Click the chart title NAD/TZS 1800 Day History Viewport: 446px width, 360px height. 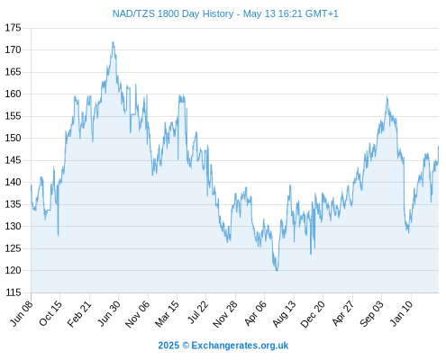pyautogui.click(x=173, y=13)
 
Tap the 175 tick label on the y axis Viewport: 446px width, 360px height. pyautogui.click(x=14, y=28)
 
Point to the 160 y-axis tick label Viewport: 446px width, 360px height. pyautogui.click(x=14, y=94)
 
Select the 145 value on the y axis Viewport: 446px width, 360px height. pyautogui.click(x=14, y=160)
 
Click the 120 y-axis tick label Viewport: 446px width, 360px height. pyautogui.click(x=14, y=270)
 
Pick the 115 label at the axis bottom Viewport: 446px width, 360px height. pyautogui.click(x=14, y=292)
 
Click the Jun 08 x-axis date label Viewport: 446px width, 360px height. pyautogui.click(x=22, y=313)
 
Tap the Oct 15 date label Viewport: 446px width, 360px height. pyautogui.click(x=50, y=313)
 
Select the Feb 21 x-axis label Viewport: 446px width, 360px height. pyautogui.click(x=79, y=313)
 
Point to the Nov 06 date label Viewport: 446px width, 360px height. pyautogui.click(x=137, y=314)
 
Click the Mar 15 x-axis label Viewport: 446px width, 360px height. pyautogui.click(x=167, y=313)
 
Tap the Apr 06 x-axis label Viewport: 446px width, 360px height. pyautogui.click(x=255, y=313)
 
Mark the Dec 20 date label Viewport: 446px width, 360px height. pyautogui.click(x=313, y=314)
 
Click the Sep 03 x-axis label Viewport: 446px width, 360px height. pyautogui.click(x=372, y=313)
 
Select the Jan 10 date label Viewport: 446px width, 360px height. pyautogui.click(x=402, y=313)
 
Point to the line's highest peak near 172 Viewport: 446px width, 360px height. pyautogui.click(x=113, y=42)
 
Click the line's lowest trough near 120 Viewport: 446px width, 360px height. pyautogui.click(x=277, y=271)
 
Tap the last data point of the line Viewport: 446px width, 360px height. pyautogui.click(x=438, y=147)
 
